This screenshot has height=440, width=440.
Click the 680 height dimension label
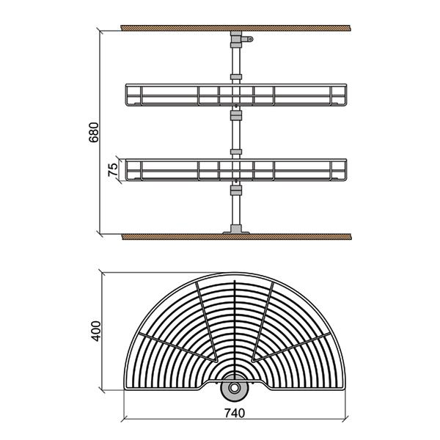(93, 132)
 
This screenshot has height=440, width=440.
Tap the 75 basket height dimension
(113, 169)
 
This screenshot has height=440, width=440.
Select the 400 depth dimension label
(96, 331)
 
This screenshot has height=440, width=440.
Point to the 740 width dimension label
(235, 413)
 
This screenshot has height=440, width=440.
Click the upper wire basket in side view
(236, 95)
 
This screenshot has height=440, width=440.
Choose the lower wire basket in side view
(236, 170)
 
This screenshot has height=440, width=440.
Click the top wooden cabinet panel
(235, 28)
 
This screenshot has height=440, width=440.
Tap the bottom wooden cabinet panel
(237, 237)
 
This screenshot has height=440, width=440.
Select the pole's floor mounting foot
(236, 230)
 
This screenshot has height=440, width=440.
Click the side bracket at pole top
(248, 39)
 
